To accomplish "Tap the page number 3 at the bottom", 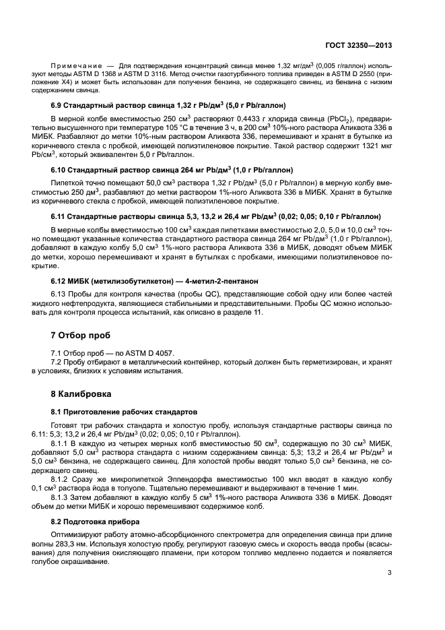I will [x=390, y=573].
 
